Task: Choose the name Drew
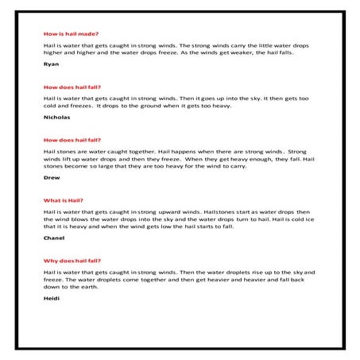click(52, 177)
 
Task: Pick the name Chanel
click(54, 238)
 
